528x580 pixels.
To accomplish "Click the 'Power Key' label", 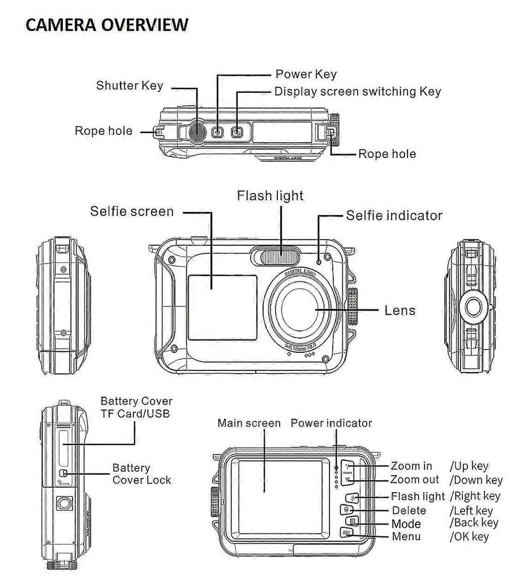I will (306, 74).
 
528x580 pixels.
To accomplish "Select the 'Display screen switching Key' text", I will (357, 91).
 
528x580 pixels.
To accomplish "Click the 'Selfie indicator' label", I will (394, 215).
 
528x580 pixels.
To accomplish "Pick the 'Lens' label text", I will (400, 310).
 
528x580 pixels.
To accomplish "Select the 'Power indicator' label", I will (331, 423).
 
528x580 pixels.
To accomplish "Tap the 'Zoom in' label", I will (411, 466).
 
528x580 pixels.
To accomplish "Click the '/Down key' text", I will (476, 480).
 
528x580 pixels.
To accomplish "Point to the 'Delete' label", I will (409, 511).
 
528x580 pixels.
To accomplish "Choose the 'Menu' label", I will (406, 536).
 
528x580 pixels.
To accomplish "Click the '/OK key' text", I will (469, 536).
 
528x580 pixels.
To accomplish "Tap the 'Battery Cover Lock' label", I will (141, 474).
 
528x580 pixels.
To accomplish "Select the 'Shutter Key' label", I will (130, 86).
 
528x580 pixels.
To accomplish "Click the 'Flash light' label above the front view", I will (270, 196).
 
